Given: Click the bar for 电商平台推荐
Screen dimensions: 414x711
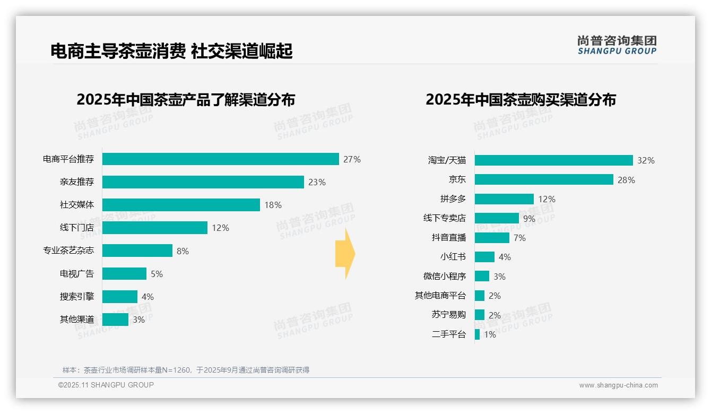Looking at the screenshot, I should [220, 159].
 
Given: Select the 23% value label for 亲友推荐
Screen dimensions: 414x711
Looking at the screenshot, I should [317, 182].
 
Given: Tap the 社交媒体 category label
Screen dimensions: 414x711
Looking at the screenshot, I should [77, 205].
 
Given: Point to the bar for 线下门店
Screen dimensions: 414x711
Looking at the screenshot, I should [154, 228].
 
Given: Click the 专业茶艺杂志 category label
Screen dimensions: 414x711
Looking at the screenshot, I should [68, 251].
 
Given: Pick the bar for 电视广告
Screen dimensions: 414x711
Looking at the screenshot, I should [124, 274].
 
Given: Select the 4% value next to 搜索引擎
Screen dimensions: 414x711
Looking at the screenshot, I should [148, 297].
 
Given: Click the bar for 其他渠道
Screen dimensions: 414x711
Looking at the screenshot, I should [115, 320].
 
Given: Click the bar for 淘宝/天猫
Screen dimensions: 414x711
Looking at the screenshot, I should [553, 160].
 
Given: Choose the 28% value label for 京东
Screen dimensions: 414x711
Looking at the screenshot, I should [626, 180].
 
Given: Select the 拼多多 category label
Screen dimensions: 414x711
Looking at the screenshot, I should [453, 199].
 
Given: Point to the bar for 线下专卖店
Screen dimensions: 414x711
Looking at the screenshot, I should [497, 218].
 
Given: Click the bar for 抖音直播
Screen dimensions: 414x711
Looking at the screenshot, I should [492, 238].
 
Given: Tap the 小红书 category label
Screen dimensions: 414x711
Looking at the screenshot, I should [453, 257].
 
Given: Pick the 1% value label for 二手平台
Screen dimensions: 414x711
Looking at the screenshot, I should [490, 334].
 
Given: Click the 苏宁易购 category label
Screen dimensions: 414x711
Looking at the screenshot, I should [448, 315].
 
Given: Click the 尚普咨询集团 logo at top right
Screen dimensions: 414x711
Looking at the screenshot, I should [617, 45].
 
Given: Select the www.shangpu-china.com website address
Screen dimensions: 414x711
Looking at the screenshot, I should [618, 385].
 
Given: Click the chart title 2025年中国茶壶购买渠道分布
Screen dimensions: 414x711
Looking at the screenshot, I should [521, 100].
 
